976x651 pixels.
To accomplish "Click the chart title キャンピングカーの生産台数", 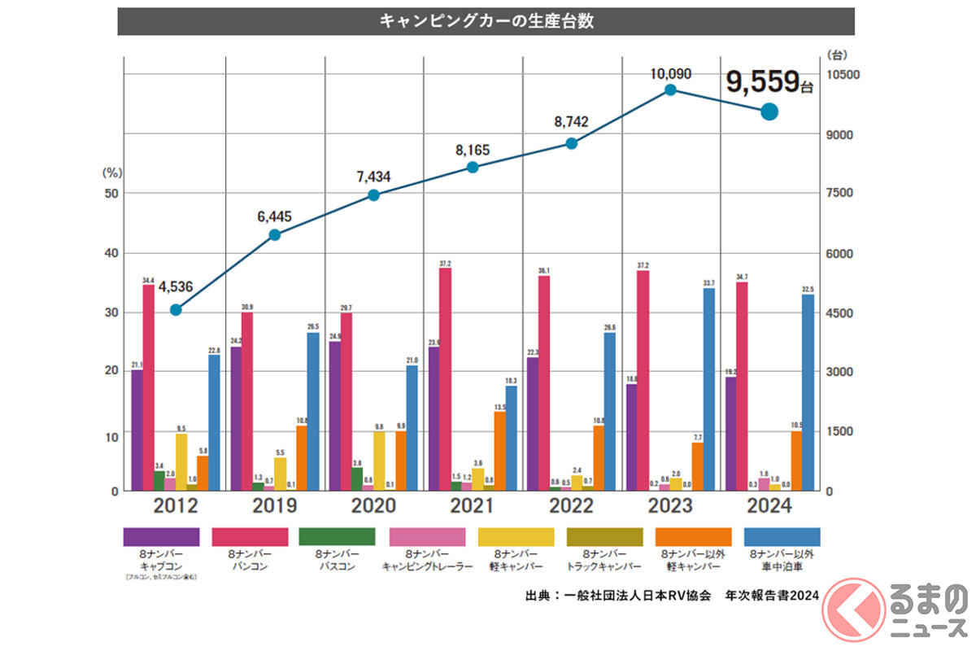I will tap(486, 21).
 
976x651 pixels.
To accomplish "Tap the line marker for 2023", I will tap(670, 90).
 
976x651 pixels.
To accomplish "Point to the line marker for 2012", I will tap(176, 310).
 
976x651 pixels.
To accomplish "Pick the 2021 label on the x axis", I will tap(472, 505).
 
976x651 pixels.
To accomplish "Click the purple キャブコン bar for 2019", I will tap(236, 418).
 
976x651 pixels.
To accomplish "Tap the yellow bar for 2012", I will tap(181, 461).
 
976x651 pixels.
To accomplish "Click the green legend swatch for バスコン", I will tap(337, 537).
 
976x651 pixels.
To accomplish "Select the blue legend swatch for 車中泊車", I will tap(782, 537).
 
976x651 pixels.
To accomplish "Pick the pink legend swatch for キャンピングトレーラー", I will tap(426, 537).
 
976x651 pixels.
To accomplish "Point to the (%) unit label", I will tap(111, 173).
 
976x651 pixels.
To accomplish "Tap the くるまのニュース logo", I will tap(895, 609).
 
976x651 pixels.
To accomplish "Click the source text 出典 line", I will tap(671, 595).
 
